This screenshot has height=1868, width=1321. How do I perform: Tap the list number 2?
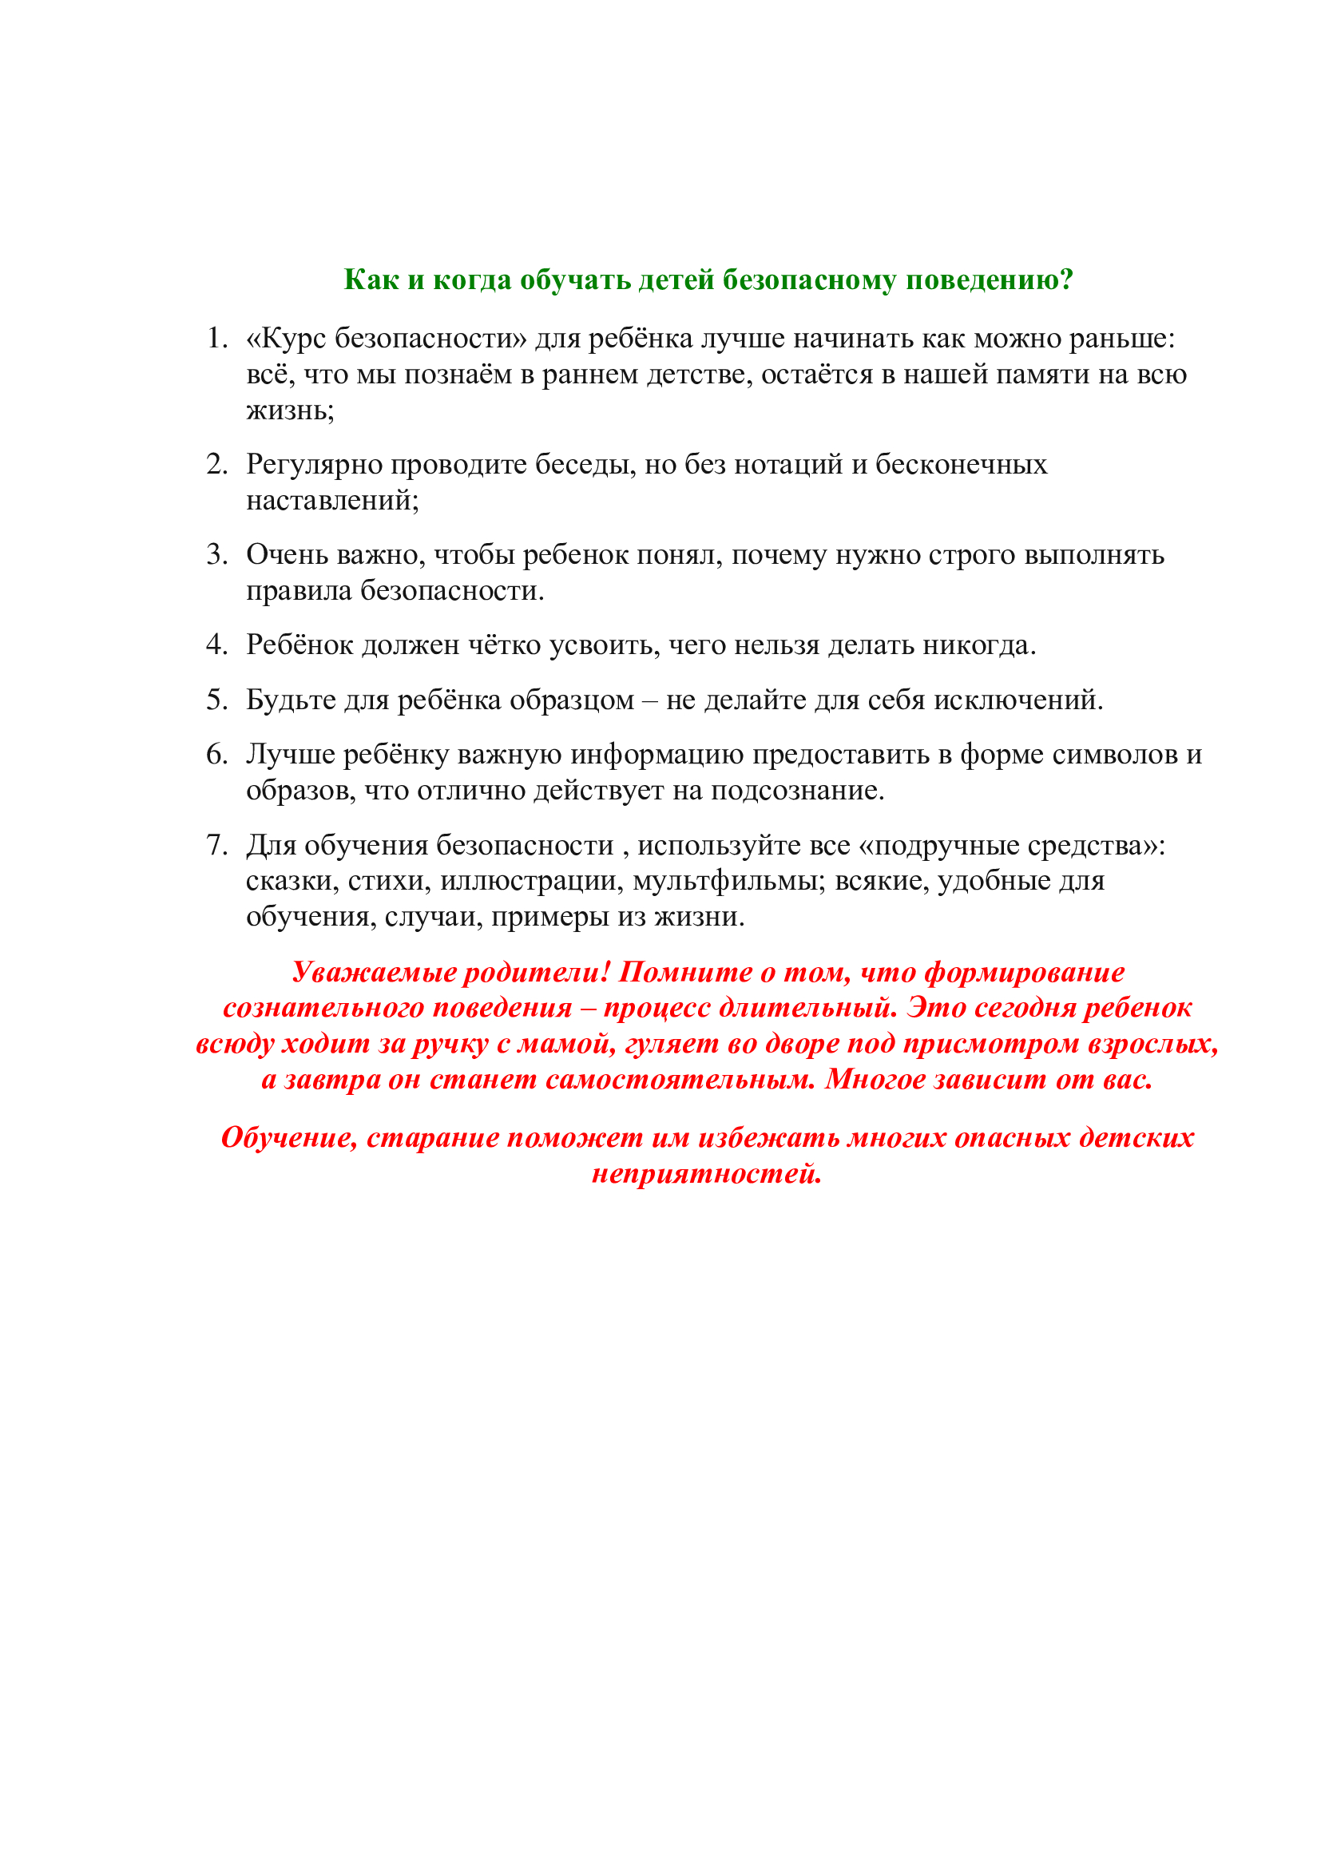(216, 464)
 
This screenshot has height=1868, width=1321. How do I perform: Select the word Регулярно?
(315, 466)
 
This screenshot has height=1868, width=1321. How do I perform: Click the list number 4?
(216, 644)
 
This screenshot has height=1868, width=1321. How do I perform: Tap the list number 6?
(216, 754)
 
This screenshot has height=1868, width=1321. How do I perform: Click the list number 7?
(216, 844)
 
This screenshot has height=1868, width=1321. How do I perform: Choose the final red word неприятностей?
(706, 1173)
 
